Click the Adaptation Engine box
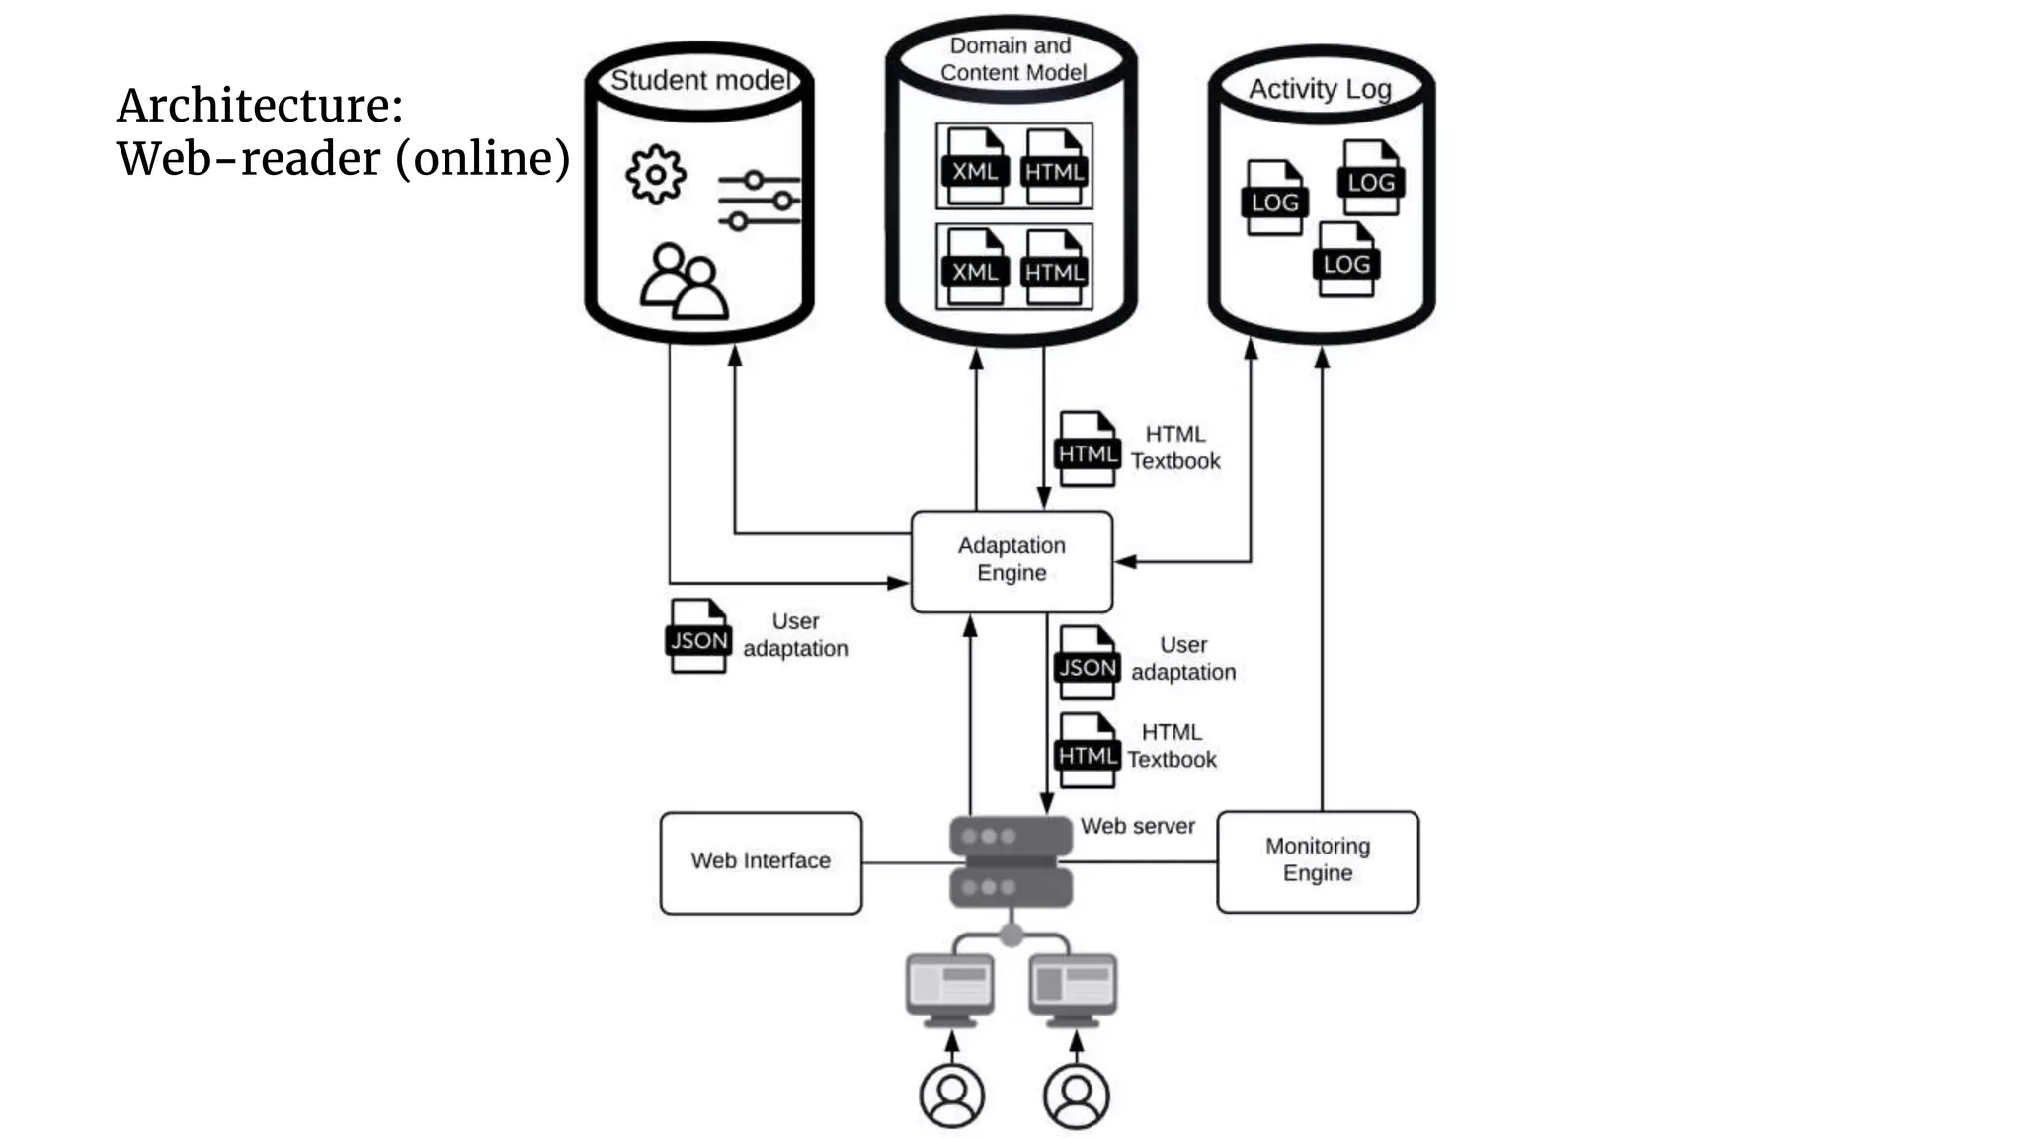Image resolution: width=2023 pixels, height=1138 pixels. click(1011, 560)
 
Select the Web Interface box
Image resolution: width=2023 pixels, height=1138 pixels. click(761, 861)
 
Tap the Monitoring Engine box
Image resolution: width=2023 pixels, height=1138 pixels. click(1317, 860)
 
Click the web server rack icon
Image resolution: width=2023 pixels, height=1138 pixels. click(1011, 860)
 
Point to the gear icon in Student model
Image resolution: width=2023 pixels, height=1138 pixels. click(655, 175)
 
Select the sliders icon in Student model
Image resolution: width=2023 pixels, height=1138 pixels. click(759, 201)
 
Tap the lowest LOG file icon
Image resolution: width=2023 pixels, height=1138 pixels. click(1345, 260)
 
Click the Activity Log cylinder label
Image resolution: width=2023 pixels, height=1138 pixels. click(1320, 89)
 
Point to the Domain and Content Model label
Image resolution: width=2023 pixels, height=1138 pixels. click(1011, 59)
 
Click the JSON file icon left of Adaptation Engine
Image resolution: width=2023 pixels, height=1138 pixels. click(698, 636)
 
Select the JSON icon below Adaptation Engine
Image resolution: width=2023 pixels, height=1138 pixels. click(1087, 663)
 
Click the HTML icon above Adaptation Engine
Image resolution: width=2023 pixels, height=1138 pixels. click(1087, 449)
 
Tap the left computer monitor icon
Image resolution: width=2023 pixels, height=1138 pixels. click(949, 987)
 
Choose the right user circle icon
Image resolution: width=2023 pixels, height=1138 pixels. click(1076, 1095)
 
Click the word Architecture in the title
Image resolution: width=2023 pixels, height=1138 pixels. click(259, 106)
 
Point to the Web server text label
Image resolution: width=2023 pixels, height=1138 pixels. click(1137, 826)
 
